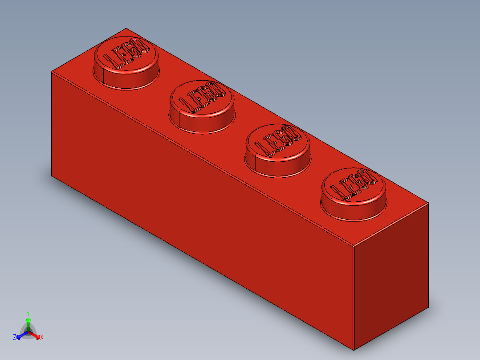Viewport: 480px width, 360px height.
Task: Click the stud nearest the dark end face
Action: (354, 192)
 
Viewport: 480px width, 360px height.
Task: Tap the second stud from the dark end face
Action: (277, 149)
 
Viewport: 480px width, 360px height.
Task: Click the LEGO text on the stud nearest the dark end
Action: (354, 184)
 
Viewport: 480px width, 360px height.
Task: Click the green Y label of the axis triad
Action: (28, 313)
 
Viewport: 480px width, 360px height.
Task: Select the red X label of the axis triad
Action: (42, 337)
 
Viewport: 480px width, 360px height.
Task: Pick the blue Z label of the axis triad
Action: (15, 337)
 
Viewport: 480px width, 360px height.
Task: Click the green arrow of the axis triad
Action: (28, 323)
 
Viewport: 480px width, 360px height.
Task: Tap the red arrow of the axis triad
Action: (36, 335)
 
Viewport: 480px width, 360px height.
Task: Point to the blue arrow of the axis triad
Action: (20, 335)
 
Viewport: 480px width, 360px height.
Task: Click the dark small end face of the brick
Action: (391, 276)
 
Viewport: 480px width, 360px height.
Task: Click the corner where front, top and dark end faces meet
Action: (353, 246)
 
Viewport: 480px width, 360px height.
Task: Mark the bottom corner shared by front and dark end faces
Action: (354, 350)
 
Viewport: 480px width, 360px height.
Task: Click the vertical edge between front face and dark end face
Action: (354, 299)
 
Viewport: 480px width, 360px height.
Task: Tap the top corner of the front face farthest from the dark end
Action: (51, 71)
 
